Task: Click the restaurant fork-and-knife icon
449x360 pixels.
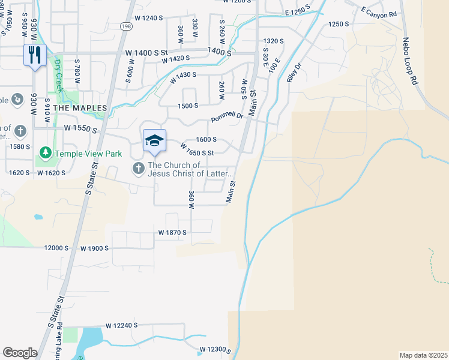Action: pyautogui.click(x=34, y=55)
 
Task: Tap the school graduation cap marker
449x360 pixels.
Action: pyautogui.click(x=154, y=140)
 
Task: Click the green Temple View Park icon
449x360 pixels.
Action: pyautogui.click(x=44, y=154)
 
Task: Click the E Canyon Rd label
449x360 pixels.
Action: pyautogui.click(x=379, y=12)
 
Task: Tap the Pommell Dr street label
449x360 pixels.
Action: pyautogui.click(x=226, y=116)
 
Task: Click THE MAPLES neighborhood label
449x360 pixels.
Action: pyautogui.click(x=80, y=107)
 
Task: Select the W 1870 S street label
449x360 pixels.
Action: pyautogui.click(x=173, y=232)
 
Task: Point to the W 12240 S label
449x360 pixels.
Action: pyautogui.click(x=122, y=325)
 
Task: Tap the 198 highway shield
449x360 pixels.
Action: pyautogui.click(x=125, y=26)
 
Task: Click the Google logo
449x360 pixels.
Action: pyautogui.click(x=20, y=353)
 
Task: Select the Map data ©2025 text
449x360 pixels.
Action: pyautogui.click(x=424, y=355)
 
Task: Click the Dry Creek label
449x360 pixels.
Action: pyautogui.click(x=58, y=71)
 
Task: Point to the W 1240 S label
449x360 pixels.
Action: pyautogui.click(x=145, y=18)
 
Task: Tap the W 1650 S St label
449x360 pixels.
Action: pyautogui.click(x=197, y=152)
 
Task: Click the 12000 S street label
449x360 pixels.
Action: pyautogui.click(x=57, y=248)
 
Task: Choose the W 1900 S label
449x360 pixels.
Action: pyautogui.click(x=94, y=248)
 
